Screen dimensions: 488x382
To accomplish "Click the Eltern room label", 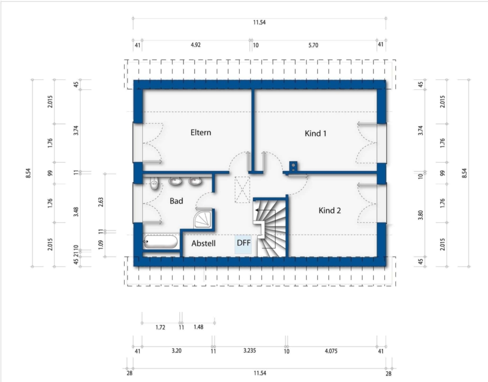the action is [201, 133].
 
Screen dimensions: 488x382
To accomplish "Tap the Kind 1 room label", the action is [316, 133].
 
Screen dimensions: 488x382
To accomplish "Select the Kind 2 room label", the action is [330, 211].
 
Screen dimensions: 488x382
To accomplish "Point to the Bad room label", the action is [176, 201].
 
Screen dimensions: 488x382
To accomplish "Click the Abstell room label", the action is [204, 243].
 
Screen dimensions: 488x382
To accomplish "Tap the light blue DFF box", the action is [243, 244].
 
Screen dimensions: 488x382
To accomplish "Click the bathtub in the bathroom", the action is [161, 242].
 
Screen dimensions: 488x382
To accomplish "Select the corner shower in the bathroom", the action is [204, 219].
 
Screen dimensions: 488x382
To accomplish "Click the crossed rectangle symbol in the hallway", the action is [243, 190].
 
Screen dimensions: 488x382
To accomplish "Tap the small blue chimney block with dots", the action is [293, 166].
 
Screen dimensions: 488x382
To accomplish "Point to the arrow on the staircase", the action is [258, 211].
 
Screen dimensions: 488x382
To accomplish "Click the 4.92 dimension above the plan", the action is [196, 45].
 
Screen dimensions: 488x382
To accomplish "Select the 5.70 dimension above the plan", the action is [313, 45].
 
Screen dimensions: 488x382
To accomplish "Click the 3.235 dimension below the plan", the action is [249, 351].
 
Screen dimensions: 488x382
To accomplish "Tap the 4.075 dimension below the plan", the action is [331, 351].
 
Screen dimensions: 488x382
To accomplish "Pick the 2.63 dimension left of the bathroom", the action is [100, 202].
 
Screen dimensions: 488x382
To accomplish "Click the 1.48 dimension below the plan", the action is [198, 327].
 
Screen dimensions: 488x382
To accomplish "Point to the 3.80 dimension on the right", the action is [420, 215].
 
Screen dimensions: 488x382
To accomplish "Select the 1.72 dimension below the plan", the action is [160, 327].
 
